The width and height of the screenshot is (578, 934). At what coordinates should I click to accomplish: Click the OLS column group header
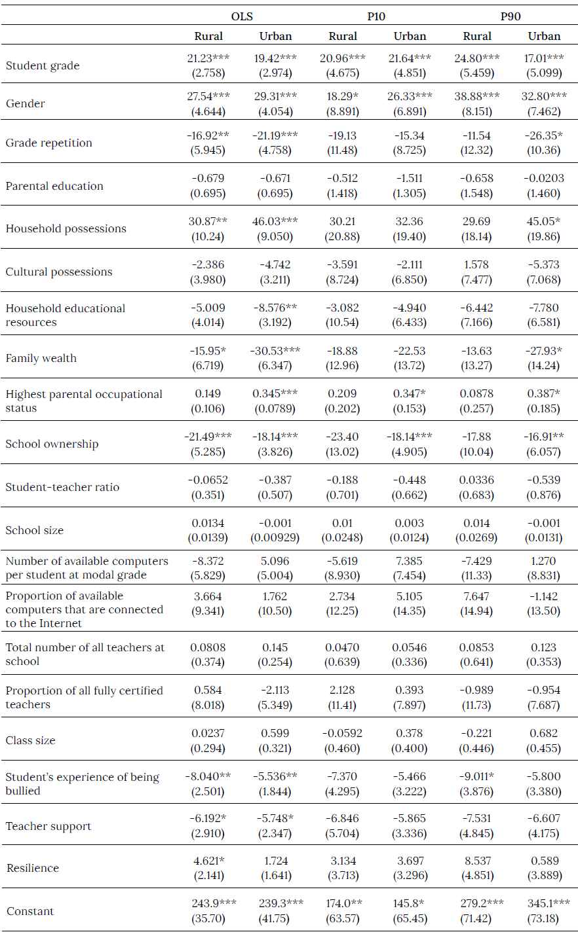242,16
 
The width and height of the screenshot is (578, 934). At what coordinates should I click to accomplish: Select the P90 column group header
511,16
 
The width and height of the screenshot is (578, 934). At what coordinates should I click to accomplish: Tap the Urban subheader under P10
410,37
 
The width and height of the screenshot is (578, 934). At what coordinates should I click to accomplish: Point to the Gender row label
26,103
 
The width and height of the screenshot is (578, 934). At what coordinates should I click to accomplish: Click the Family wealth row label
41,358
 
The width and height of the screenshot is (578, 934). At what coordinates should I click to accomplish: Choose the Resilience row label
33,868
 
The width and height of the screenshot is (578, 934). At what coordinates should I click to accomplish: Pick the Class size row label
31,740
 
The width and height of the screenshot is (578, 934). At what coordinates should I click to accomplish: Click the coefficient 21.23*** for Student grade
208,58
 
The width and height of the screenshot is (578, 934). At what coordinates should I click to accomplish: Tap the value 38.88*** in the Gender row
476,96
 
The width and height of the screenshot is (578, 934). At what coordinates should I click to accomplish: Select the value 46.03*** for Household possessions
275,221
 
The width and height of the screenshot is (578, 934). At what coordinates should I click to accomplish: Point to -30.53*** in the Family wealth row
275,351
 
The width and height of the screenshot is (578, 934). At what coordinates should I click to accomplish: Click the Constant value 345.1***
543,903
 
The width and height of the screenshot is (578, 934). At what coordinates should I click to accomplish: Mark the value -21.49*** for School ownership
208,437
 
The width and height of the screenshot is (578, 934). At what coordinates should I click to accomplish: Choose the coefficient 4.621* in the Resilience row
208,861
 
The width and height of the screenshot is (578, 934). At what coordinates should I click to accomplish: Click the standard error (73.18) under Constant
543,918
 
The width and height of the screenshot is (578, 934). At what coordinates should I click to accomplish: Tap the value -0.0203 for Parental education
543,178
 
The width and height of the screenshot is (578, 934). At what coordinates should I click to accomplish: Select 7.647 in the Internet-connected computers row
476,596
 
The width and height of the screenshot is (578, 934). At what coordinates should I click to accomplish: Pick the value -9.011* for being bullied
476,776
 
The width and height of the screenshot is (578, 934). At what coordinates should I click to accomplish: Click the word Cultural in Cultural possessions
28,272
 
